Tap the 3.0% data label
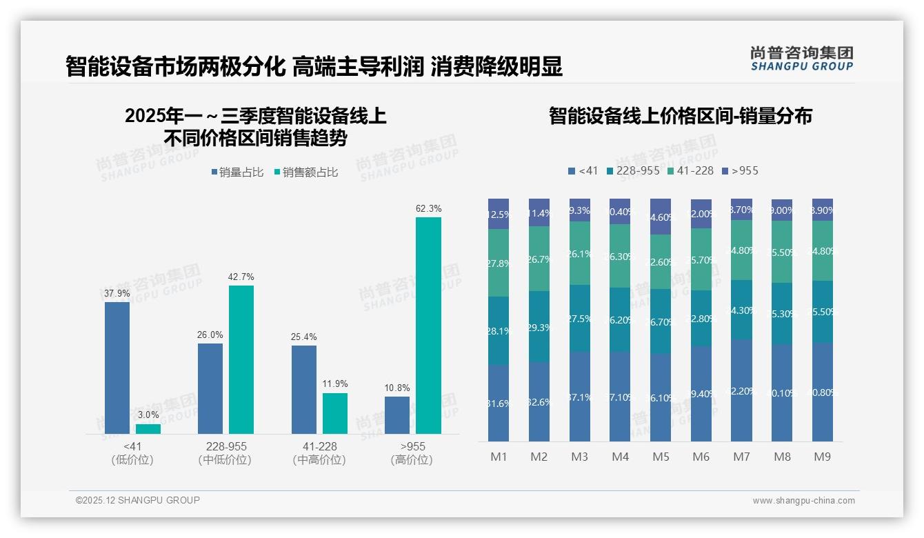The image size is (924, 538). (148, 415)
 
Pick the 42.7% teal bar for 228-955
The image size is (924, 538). (241, 359)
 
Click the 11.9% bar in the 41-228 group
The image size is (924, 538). (335, 413)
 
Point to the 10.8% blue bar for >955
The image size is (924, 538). (397, 415)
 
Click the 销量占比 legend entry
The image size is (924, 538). (238, 172)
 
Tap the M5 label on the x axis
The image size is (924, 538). (661, 457)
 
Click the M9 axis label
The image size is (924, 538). (822, 457)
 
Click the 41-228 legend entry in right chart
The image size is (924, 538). (691, 171)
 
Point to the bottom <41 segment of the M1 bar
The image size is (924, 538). (499, 403)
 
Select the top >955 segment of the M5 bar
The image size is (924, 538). (661, 217)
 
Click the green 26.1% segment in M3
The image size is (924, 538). (580, 253)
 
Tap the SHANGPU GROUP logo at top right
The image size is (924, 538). (801, 59)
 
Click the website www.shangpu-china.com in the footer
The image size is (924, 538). (803, 501)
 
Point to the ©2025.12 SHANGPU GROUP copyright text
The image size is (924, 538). (138, 500)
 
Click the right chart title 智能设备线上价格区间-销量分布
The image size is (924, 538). (680, 116)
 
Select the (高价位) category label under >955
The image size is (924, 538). (412, 460)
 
